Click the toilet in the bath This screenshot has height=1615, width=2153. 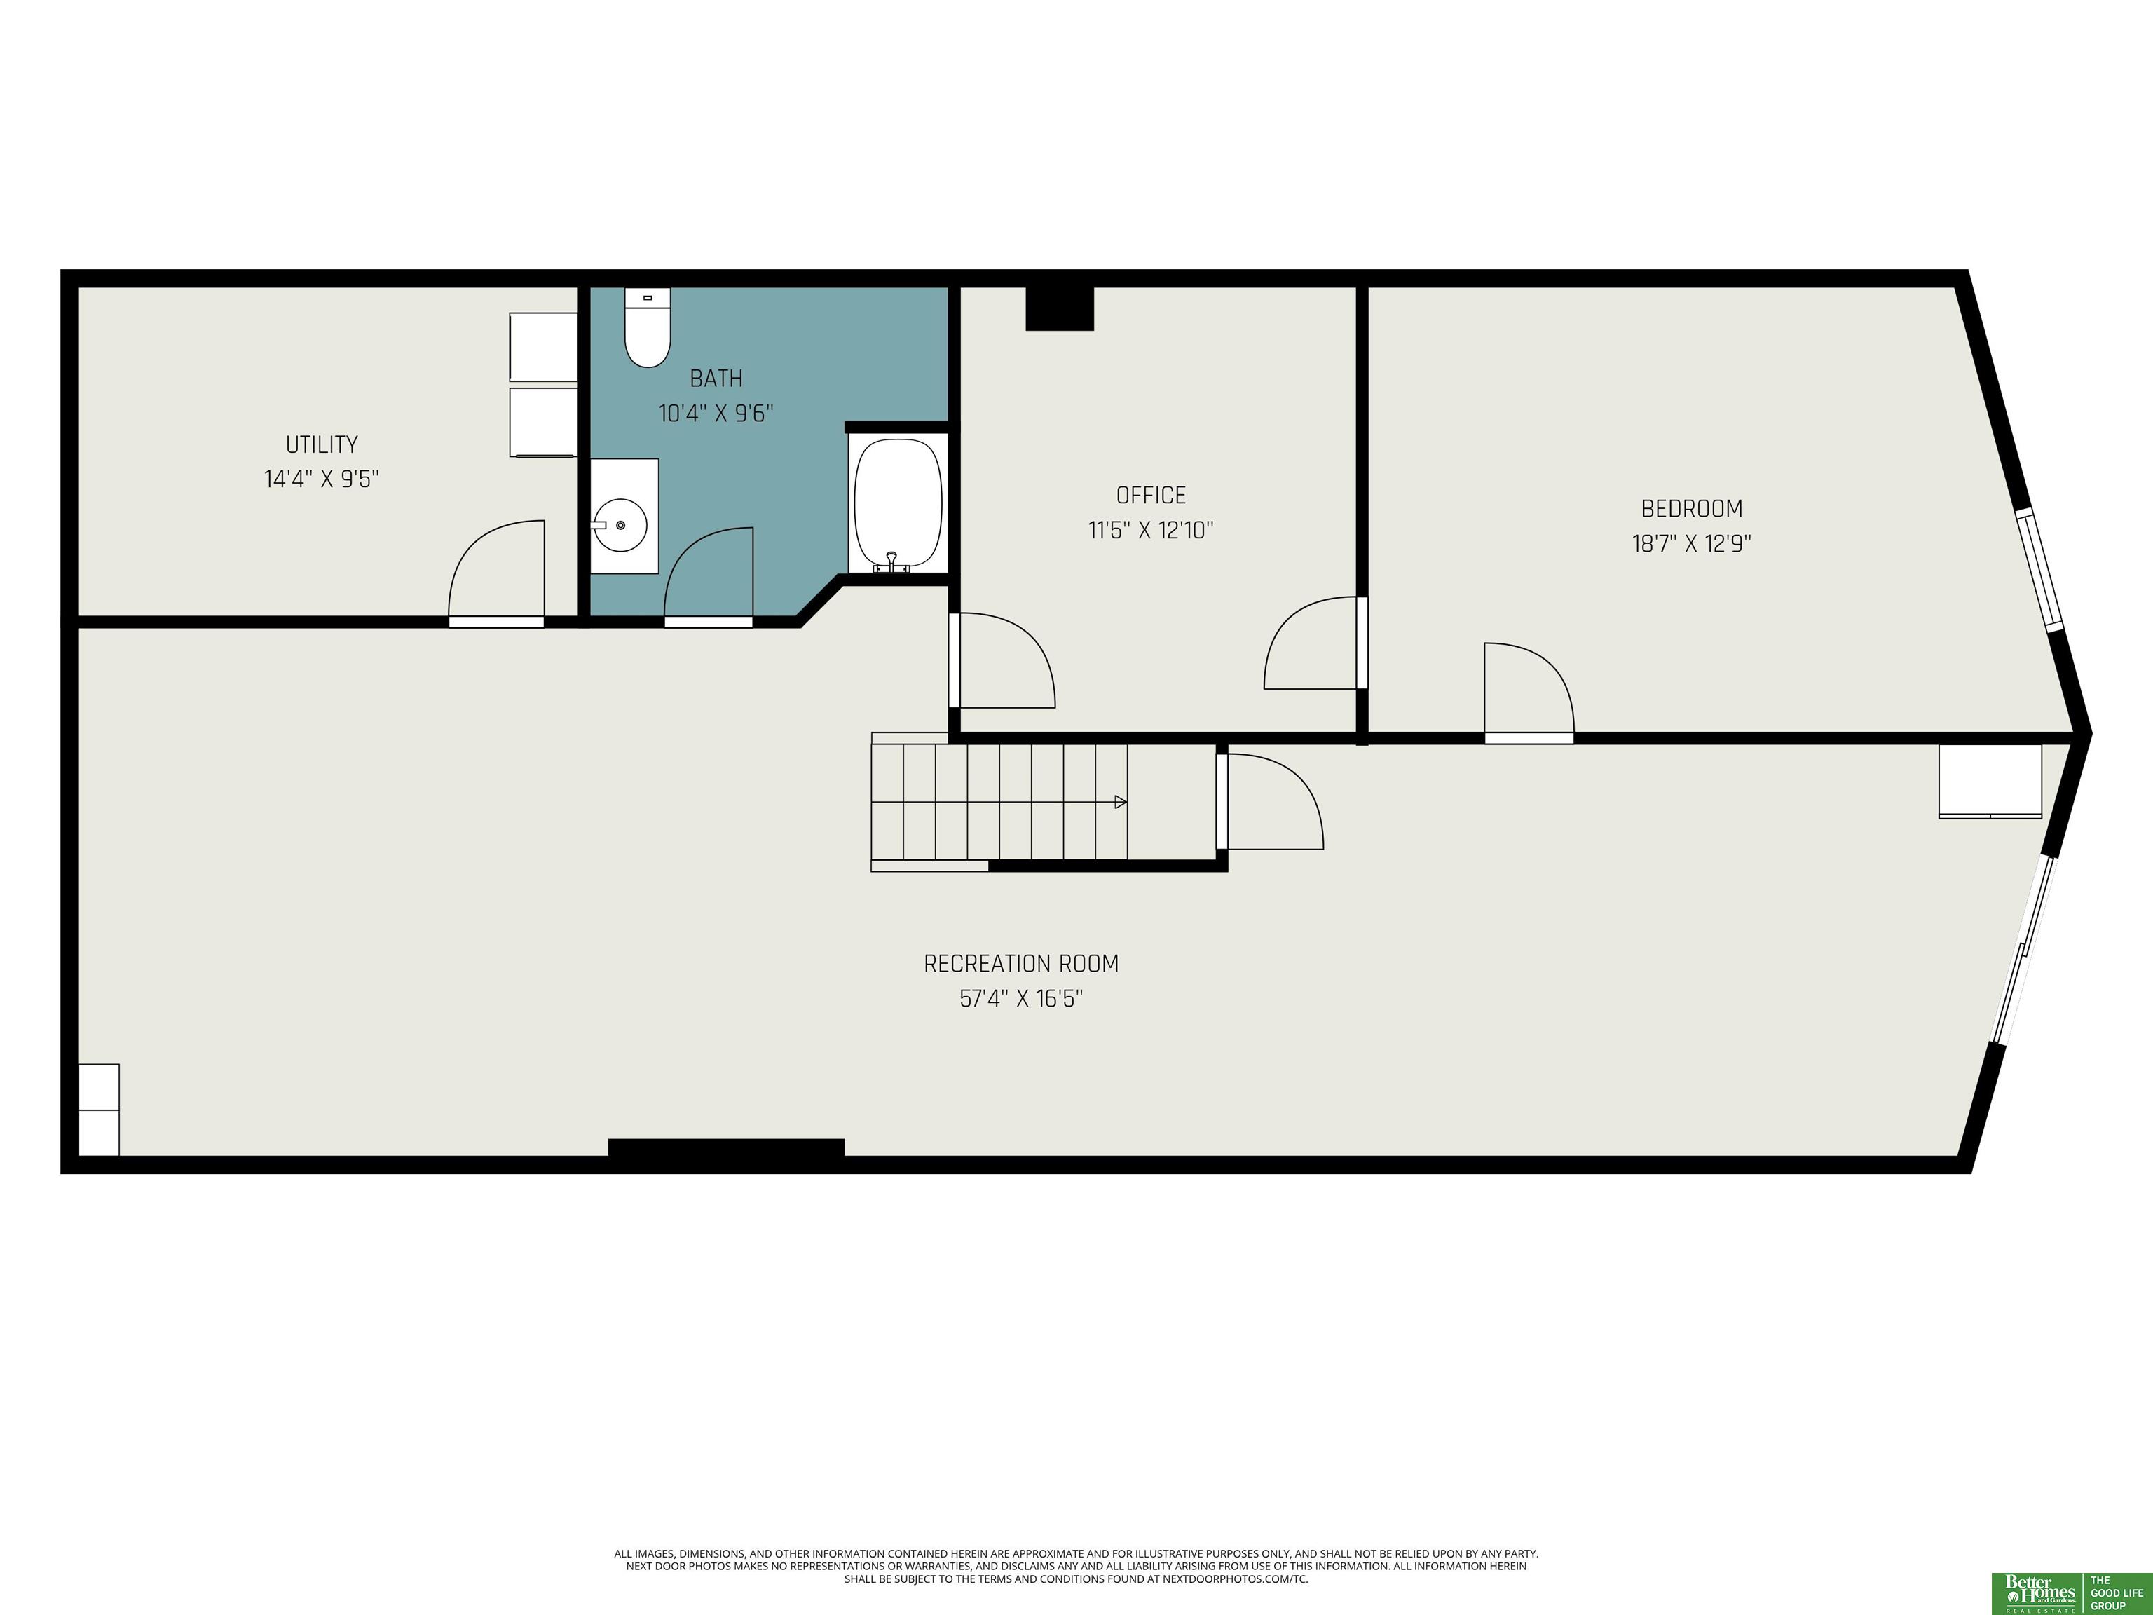(648, 327)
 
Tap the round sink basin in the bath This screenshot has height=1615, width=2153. (620, 526)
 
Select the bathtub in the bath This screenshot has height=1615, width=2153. (897, 503)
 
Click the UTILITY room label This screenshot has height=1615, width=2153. (321, 445)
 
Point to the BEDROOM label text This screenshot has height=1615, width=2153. (1692, 508)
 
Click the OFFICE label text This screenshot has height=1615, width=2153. (1151, 496)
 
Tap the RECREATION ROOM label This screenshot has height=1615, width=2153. (1021, 964)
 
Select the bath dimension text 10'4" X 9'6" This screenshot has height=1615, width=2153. (716, 414)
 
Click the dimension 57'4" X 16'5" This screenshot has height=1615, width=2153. (1021, 999)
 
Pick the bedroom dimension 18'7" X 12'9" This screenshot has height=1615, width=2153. (1692, 543)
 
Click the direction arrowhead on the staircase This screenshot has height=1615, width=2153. (1120, 802)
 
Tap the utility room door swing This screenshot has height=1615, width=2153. (495, 573)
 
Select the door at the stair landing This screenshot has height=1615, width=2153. (1269, 800)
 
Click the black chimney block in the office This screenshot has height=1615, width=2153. (1060, 308)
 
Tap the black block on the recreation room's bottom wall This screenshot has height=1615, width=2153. (726, 1147)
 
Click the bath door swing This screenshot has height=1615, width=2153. (709, 576)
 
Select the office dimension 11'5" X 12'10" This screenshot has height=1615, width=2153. (1151, 531)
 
